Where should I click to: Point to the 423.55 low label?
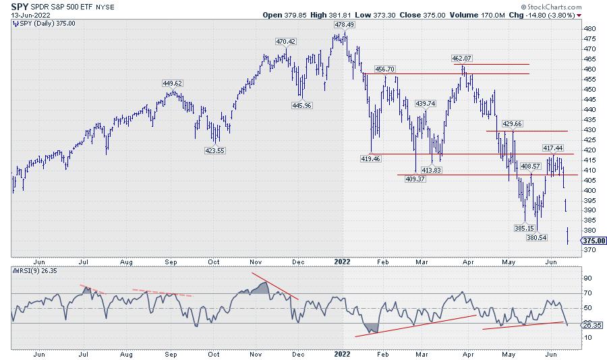[x=215, y=151]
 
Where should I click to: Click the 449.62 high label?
[x=173, y=84]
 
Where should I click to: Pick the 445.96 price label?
[x=301, y=105]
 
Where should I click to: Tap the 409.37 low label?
[x=415, y=179]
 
